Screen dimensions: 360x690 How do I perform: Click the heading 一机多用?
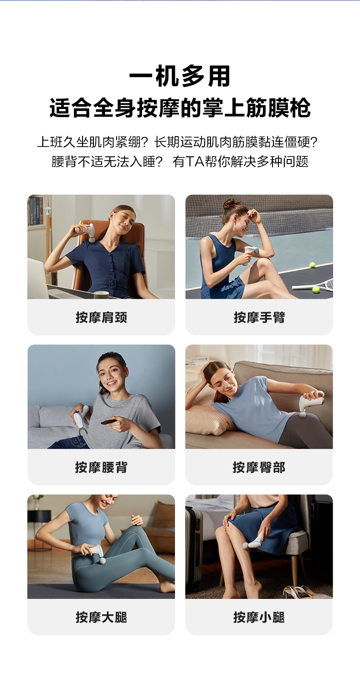tap(180, 76)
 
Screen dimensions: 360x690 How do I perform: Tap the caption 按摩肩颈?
tap(101, 317)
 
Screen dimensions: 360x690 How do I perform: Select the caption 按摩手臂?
tap(259, 317)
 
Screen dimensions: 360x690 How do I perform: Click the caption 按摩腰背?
tap(101, 467)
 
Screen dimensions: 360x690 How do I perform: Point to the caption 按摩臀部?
tap(259, 467)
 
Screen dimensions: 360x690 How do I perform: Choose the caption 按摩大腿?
tap(101, 617)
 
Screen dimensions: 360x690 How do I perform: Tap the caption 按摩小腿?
tap(259, 617)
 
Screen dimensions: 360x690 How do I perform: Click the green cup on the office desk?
tap(101, 295)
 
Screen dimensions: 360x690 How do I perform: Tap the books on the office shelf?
tap(35, 211)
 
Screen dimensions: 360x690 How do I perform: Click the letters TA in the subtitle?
tap(195, 161)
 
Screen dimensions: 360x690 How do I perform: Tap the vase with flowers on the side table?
tap(37, 502)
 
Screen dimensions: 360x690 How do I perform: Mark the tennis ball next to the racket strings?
tap(316, 289)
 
